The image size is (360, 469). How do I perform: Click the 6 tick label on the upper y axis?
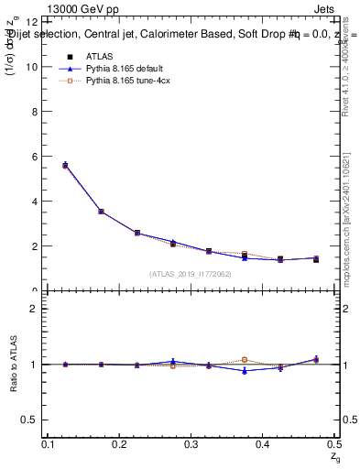pyautogui.click(x=36, y=157)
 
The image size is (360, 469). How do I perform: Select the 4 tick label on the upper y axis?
pyautogui.click(x=36, y=202)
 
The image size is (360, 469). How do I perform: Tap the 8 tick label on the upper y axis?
pyautogui.click(x=36, y=112)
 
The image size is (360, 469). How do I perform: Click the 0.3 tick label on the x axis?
pyautogui.click(x=191, y=444)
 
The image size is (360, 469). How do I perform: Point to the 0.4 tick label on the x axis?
pyautogui.click(x=263, y=444)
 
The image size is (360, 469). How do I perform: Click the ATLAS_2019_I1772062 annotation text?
pyautogui.click(x=191, y=274)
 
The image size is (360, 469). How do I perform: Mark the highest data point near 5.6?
pyautogui.click(x=65, y=165)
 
